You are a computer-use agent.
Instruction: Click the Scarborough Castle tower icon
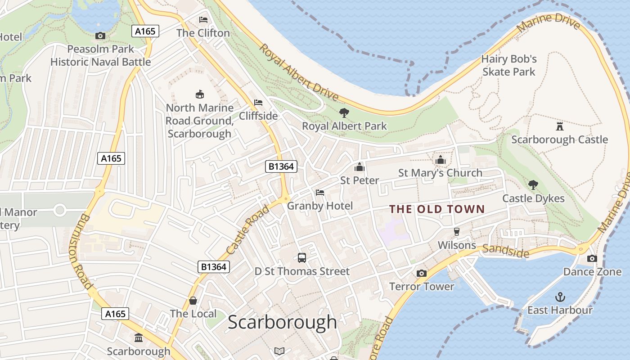pos(560,126)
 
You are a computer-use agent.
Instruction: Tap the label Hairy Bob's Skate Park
pos(509,65)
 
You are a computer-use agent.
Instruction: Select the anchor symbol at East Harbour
pos(560,297)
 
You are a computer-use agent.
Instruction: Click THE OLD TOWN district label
pos(436,209)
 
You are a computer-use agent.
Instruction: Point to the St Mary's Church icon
pos(440,160)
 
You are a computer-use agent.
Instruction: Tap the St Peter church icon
pos(359,167)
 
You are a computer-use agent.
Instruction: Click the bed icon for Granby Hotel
pos(320,193)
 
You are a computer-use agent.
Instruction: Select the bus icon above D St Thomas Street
pos(302,258)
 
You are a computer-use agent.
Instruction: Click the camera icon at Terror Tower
pos(422,273)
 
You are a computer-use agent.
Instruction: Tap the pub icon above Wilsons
pos(457,232)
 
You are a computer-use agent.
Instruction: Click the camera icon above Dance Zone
pos(592,258)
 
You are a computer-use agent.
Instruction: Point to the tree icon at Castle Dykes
pos(533,184)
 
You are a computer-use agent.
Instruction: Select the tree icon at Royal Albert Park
pos(344,112)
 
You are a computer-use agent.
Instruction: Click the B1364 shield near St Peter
pos(281,166)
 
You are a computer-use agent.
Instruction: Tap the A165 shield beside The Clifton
pos(145,31)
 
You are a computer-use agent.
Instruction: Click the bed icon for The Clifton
pos(203,20)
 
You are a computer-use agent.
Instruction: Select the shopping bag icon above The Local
pos(193,300)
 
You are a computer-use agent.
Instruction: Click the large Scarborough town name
pos(282,322)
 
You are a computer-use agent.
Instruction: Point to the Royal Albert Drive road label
pos(299,72)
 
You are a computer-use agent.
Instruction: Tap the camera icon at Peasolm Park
pos(100,36)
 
